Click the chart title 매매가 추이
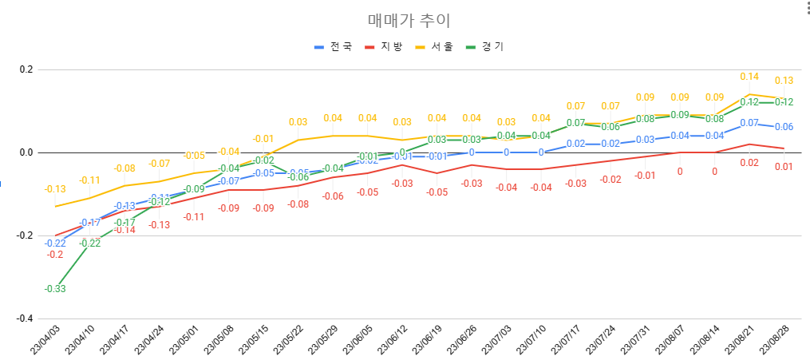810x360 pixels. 403,21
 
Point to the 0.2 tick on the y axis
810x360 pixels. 26,69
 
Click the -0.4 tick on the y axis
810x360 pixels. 24,318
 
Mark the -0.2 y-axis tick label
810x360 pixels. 24,235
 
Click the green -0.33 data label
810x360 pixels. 55,289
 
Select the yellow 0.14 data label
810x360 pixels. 749,77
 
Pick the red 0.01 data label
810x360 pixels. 784,167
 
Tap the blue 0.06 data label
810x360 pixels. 784,127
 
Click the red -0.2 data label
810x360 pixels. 55,255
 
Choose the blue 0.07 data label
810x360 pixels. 749,123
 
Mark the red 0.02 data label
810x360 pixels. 749,163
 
